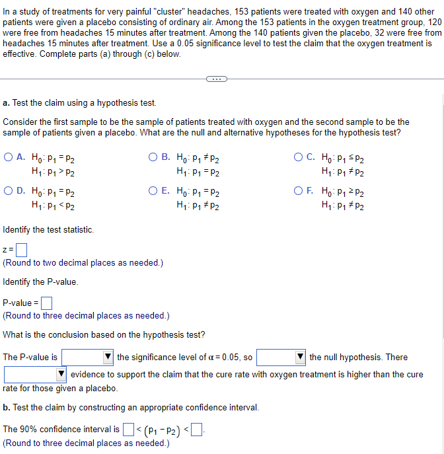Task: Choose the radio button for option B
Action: (153, 158)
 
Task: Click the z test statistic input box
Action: (21, 250)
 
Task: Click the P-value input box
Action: (46, 303)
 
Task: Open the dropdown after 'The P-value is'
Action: (88, 358)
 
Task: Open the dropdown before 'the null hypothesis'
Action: (281, 358)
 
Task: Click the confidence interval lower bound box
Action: (128, 430)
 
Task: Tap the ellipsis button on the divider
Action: (215, 79)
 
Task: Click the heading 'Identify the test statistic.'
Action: (48, 230)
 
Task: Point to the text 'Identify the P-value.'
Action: (40, 282)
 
